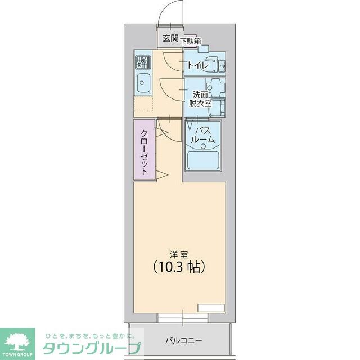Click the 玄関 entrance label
point(170,39)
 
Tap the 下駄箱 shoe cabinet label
point(190,40)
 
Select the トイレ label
point(197,66)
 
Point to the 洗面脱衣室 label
point(200,99)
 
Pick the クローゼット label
point(145,152)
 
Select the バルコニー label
point(183,340)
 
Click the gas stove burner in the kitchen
point(141,60)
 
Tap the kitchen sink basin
point(142,83)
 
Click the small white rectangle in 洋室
point(211,308)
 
